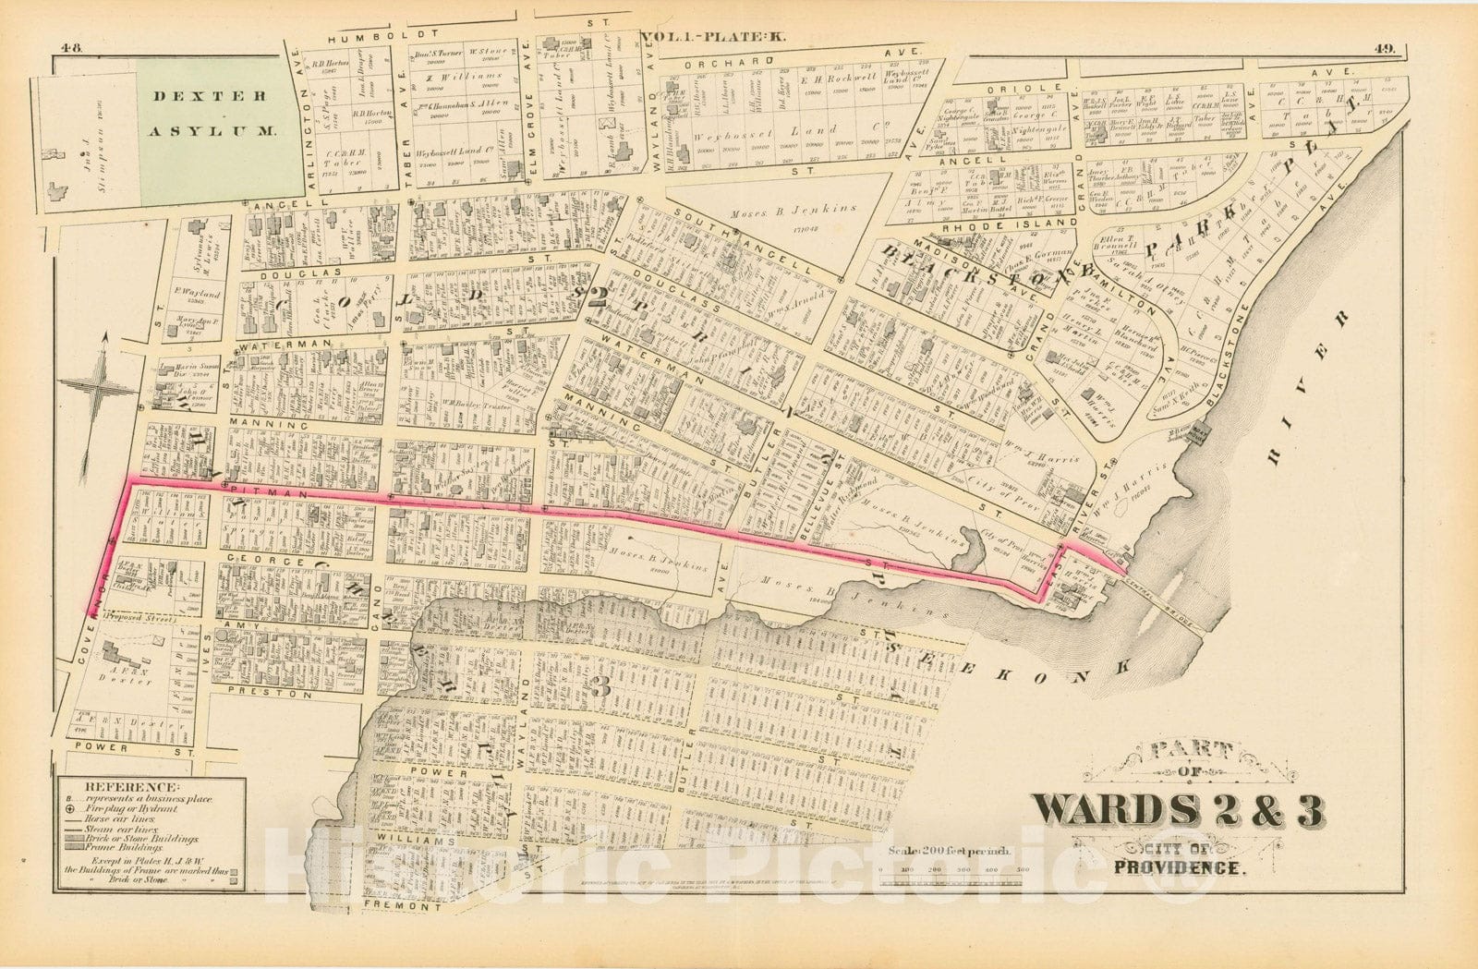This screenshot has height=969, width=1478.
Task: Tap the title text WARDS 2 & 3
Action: pos(1178,810)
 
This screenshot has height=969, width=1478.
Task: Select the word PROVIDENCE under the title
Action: pos(1181,867)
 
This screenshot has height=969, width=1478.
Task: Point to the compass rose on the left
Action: pos(104,389)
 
